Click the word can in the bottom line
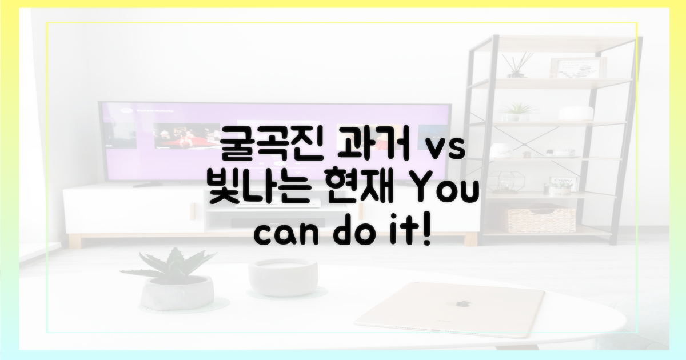point(282,234)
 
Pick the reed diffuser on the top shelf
point(517,66)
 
